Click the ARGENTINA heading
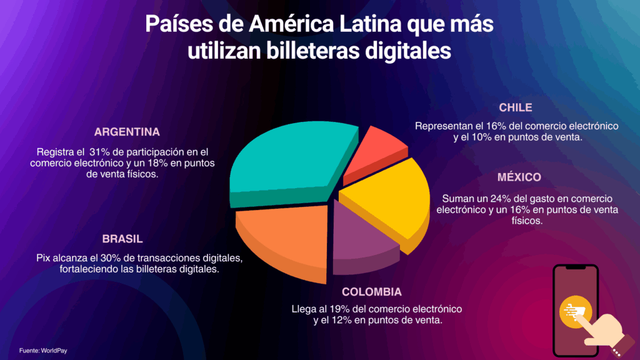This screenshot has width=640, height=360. pos(127,132)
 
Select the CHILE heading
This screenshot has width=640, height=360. pos(516,107)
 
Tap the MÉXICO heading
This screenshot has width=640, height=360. pos(519,177)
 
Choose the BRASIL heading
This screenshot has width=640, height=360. pos(122,239)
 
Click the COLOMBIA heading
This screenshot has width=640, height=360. pos(372,292)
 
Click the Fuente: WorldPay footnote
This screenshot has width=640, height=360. pos(43,351)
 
